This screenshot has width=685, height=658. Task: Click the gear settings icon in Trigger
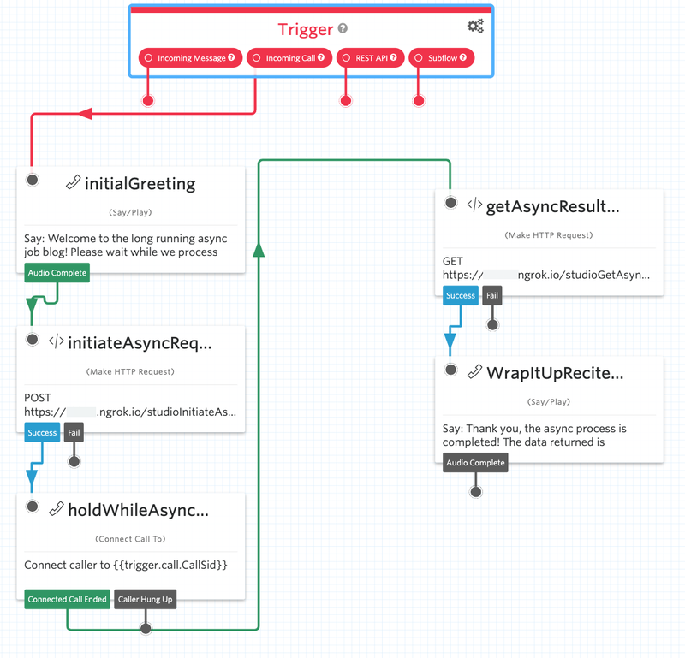(475, 26)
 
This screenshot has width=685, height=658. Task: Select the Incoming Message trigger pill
(190, 57)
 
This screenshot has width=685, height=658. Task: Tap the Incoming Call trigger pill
(289, 57)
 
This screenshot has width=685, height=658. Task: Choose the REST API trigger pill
(371, 57)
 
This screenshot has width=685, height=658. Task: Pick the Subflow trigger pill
(441, 57)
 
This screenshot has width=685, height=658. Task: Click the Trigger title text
(306, 29)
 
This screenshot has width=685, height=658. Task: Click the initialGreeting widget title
(140, 183)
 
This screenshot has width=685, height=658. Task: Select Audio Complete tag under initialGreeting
(57, 272)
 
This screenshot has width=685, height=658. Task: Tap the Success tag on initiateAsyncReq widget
(42, 432)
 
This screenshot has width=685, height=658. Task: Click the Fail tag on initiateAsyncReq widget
(74, 432)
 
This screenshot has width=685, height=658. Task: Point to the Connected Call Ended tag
(68, 599)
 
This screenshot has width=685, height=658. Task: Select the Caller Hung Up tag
(145, 599)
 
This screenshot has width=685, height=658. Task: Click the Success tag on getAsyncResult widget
(461, 295)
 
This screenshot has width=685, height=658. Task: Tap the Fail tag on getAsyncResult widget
(492, 295)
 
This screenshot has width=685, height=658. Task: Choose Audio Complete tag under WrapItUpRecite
(475, 462)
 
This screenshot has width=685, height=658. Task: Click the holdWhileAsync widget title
(139, 510)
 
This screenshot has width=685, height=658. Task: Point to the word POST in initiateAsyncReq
(38, 398)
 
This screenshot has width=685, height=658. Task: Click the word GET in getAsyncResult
(453, 261)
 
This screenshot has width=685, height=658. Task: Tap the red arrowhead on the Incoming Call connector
(85, 114)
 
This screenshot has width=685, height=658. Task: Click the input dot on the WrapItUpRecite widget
(451, 370)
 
